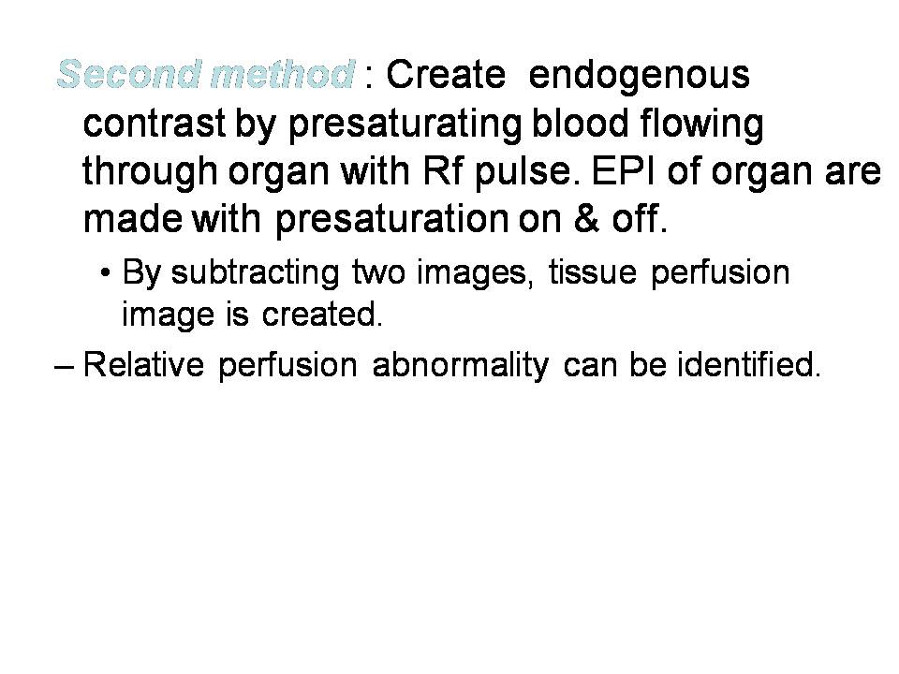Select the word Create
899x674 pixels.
coord(446,75)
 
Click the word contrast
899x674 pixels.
coord(155,124)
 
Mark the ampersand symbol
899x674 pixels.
coord(586,218)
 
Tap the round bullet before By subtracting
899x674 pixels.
coord(104,272)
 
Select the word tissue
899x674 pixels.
coord(592,271)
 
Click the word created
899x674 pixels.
coord(322,315)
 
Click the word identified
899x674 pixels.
coord(749,363)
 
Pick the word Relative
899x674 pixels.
coord(143,364)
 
